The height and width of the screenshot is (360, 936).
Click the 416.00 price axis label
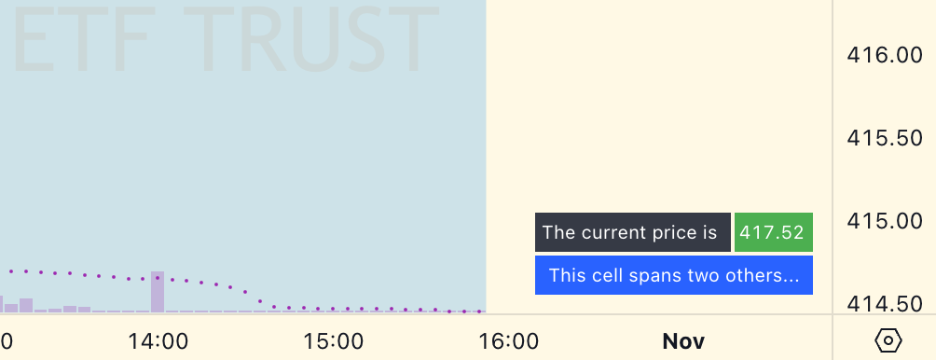[885, 56]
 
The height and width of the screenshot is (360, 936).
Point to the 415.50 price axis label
[885, 139]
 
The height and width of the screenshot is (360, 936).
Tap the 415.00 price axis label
[885, 221]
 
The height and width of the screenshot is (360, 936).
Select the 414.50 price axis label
[885, 304]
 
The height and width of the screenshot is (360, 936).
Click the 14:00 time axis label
[158, 341]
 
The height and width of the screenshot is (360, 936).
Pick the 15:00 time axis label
[333, 341]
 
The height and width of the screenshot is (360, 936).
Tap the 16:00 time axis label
[509, 341]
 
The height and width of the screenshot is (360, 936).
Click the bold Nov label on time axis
[683, 341]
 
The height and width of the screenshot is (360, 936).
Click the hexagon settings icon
[888, 340]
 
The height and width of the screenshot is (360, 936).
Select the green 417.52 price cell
[774, 232]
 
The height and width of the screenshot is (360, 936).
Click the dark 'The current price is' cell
[633, 232]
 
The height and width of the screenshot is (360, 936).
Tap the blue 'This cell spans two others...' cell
[674, 275]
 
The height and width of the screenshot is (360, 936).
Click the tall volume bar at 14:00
[158, 292]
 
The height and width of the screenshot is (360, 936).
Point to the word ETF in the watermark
[80, 41]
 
